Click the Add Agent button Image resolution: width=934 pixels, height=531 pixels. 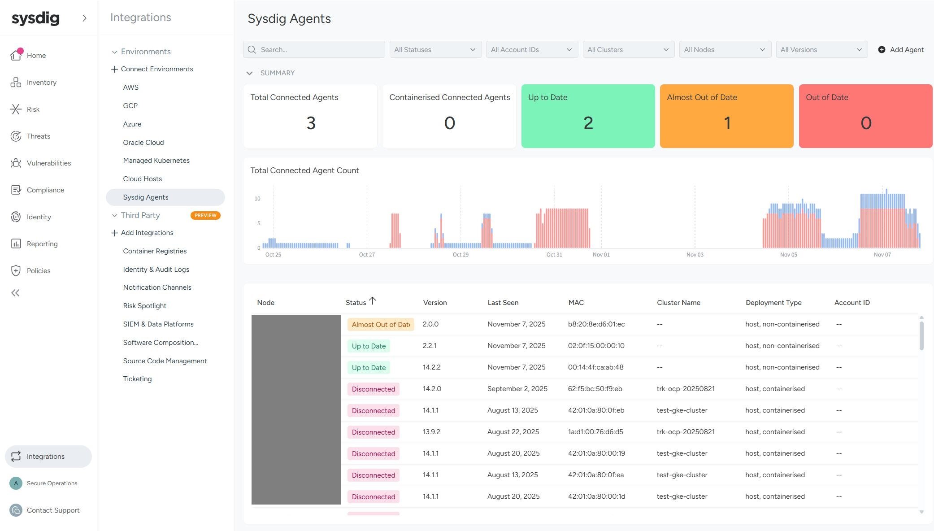pyautogui.click(x=900, y=50)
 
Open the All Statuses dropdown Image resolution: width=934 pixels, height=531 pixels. pyautogui.click(x=435, y=50)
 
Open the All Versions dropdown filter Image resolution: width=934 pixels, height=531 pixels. pyautogui.click(x=821, y=50)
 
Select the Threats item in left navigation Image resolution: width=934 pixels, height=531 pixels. pyautogui.click(x=38, y=136)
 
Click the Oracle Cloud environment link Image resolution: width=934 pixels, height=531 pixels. pyautogui.click(x=143, y=143)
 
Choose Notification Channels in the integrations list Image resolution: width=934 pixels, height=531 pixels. pyautogui.click(x=157, y=287)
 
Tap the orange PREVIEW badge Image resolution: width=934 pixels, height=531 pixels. pyautogui.click(x=205, y=215)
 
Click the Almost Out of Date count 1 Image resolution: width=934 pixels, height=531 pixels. pyautogui.click(x=726, y=123)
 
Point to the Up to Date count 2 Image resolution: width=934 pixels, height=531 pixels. pyautogui.click(x=588, y=123)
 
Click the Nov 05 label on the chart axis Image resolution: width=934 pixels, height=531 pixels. pyautogui.click(x=788, y=255)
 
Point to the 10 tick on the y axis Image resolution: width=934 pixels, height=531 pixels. pyautogui.click(x=257, y=199)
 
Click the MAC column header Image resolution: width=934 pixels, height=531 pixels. pyautogui.click(x=576, y=303)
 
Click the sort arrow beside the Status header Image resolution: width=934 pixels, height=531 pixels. pyautogui.click(x=372, y=301)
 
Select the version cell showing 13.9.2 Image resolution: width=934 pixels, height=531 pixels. pyautogui.click(x=431, y=432)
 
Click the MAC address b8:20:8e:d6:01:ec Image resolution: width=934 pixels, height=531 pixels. pyautogui.click(x=596, y=324)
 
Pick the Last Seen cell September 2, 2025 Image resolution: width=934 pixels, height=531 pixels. pyautogui.click(x=517, y=389)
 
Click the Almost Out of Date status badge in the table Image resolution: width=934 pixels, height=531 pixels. pyautogui.click(x=380, y=325)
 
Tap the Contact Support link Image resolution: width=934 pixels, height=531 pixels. pyautogui.click(x=53, y=510)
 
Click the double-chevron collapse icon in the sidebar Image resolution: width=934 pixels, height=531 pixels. pyautogui.click(x=15, y=293)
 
